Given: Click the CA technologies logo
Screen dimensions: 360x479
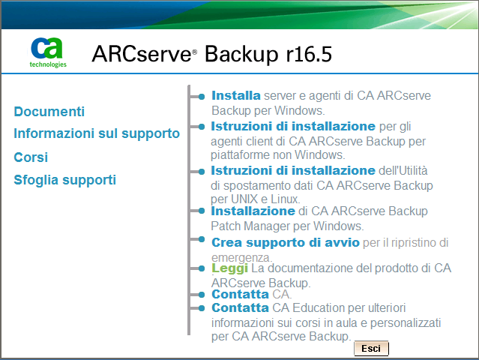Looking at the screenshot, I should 47,52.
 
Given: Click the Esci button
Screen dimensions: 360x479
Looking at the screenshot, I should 371,349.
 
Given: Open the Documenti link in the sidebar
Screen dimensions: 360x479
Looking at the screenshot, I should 49,112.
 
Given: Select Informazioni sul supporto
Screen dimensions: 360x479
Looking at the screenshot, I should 97,133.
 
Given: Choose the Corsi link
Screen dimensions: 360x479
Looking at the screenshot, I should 31,157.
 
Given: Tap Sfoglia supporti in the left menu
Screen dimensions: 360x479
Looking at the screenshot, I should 65,180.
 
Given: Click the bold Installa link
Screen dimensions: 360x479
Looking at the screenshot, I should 235,96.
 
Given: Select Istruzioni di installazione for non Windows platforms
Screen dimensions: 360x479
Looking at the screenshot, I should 293,126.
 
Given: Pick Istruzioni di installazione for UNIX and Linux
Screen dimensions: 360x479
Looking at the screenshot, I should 293,170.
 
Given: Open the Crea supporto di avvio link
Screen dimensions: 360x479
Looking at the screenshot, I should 286,242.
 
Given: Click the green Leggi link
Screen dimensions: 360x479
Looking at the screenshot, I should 229,268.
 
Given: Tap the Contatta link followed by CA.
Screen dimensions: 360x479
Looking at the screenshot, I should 240,294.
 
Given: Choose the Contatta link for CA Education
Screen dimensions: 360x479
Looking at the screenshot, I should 240,307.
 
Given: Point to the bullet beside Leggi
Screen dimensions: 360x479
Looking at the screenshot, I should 201,268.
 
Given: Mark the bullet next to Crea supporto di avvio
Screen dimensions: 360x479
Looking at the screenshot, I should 201,241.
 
